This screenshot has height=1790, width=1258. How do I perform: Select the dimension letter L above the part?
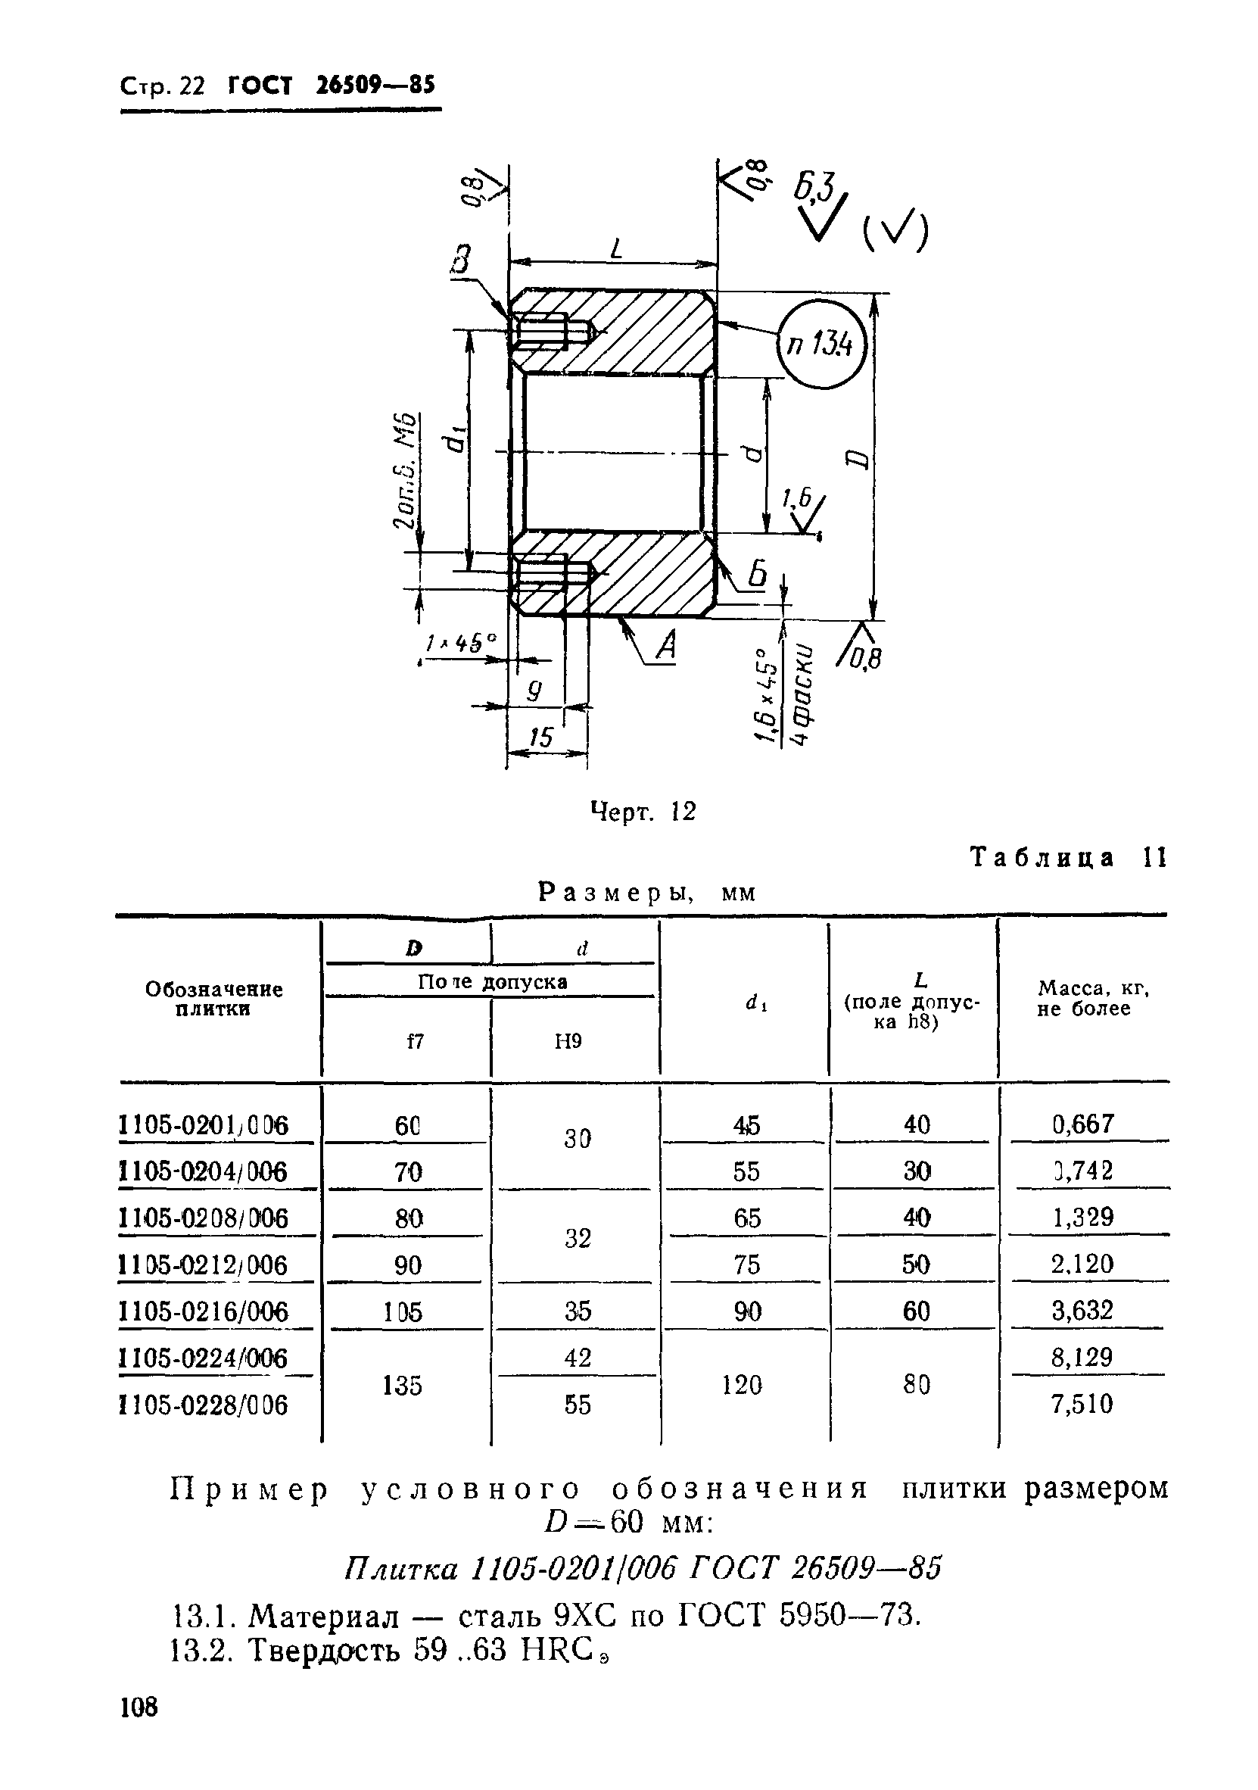[617, 249]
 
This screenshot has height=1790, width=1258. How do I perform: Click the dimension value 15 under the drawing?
[540, 737]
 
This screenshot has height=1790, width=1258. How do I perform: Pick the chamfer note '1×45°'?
[460, 643]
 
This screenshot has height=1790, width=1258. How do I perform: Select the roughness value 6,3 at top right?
[814, 188]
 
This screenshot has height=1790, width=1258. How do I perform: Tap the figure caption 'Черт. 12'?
[643, 812]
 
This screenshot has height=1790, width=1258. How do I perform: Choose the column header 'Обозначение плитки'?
[213, 999]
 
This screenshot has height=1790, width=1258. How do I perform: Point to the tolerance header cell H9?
[568, 1041]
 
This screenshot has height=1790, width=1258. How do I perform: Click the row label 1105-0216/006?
[204, 1312]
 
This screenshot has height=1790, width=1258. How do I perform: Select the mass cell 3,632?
[1082, 1311]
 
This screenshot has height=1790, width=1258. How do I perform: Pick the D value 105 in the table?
[402, 1312]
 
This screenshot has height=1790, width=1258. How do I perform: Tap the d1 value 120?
[741, 1385]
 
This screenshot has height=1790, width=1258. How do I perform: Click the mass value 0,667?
[1082, 1124]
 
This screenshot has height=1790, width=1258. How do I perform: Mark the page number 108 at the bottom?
[139, 1729]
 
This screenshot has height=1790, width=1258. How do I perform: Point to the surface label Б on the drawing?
[757, 575]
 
